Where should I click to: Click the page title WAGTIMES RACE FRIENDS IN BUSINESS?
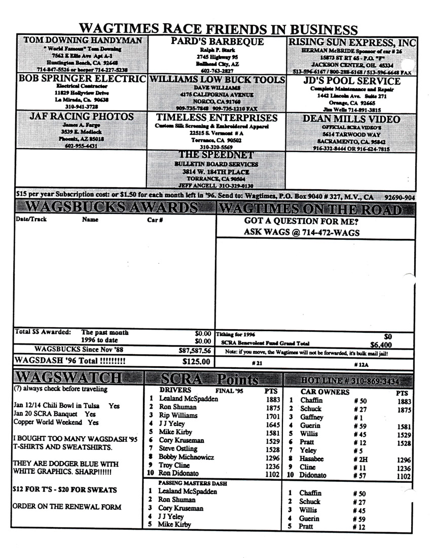218,28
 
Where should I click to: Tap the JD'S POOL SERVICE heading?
351,81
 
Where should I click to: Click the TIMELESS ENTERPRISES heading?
217,118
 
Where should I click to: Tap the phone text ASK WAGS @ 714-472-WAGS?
302,233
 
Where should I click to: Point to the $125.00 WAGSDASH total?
196,362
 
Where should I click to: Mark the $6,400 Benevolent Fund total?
381,345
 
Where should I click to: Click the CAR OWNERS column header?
325,392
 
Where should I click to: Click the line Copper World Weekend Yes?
56,423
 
